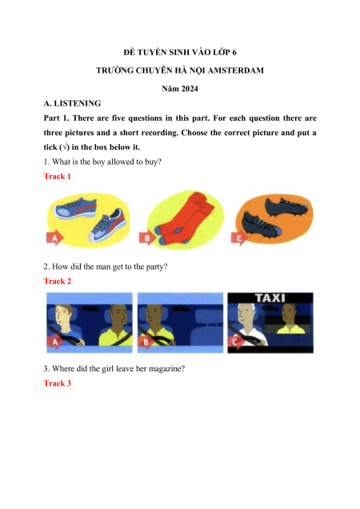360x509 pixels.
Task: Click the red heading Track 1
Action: pyautogui.click(x=57, y=176)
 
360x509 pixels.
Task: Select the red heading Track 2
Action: pyautogui.click(x=57, y=281)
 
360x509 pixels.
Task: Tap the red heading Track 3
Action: pyautogui.click(x=57, y=383)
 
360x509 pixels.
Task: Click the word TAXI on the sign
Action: pyautogui.click(x=270, y=298)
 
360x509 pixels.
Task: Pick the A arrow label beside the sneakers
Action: pyautogui.click(x=54, y=239)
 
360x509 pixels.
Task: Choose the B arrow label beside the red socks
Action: pyautogui.click(x=146, y=239)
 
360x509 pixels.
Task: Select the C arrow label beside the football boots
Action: pyautogui.click(x=239, y=239)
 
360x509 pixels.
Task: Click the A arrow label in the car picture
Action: pyautogui.click(x=54, y=343)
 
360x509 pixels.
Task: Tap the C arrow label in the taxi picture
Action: pyautogui.click(x=235, y=343)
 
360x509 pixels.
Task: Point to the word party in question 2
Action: pyautogui.click(x=157, y=267)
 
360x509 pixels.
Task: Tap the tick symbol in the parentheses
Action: pyautogui.click(x=66, y=147)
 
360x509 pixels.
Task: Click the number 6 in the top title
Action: pyautogui.click(x=234, y=52)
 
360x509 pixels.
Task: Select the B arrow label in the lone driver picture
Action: pyautogui.click(x=146, y=343)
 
